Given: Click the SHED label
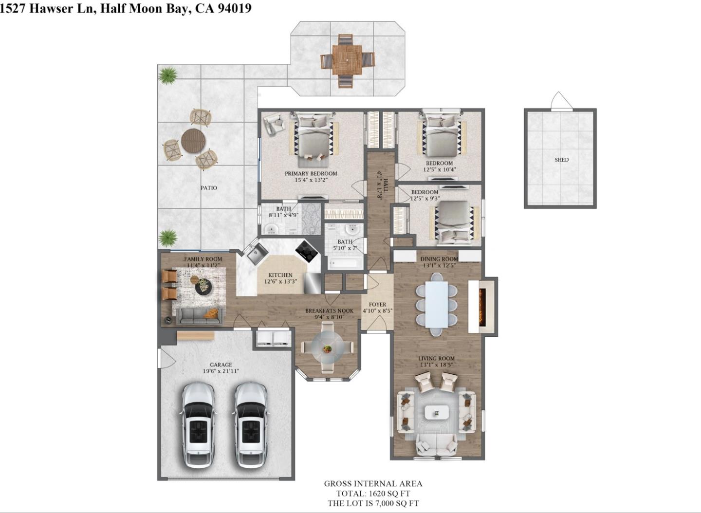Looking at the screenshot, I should (561, 160).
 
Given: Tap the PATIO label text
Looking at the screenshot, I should (209, 188).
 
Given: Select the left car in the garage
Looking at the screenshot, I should (198, 424).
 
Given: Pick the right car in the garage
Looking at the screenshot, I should (251, 424).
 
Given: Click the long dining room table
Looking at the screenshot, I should (437, 305).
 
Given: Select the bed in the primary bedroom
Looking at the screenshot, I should (312, 137).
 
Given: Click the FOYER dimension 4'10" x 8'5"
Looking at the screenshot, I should (377, 311).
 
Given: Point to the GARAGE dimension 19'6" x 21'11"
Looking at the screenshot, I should (221, 371).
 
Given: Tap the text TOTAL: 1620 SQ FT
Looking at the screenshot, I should (373, 494).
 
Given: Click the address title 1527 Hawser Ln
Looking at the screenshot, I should (49, 8).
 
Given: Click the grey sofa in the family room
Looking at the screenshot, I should (199, 316).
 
